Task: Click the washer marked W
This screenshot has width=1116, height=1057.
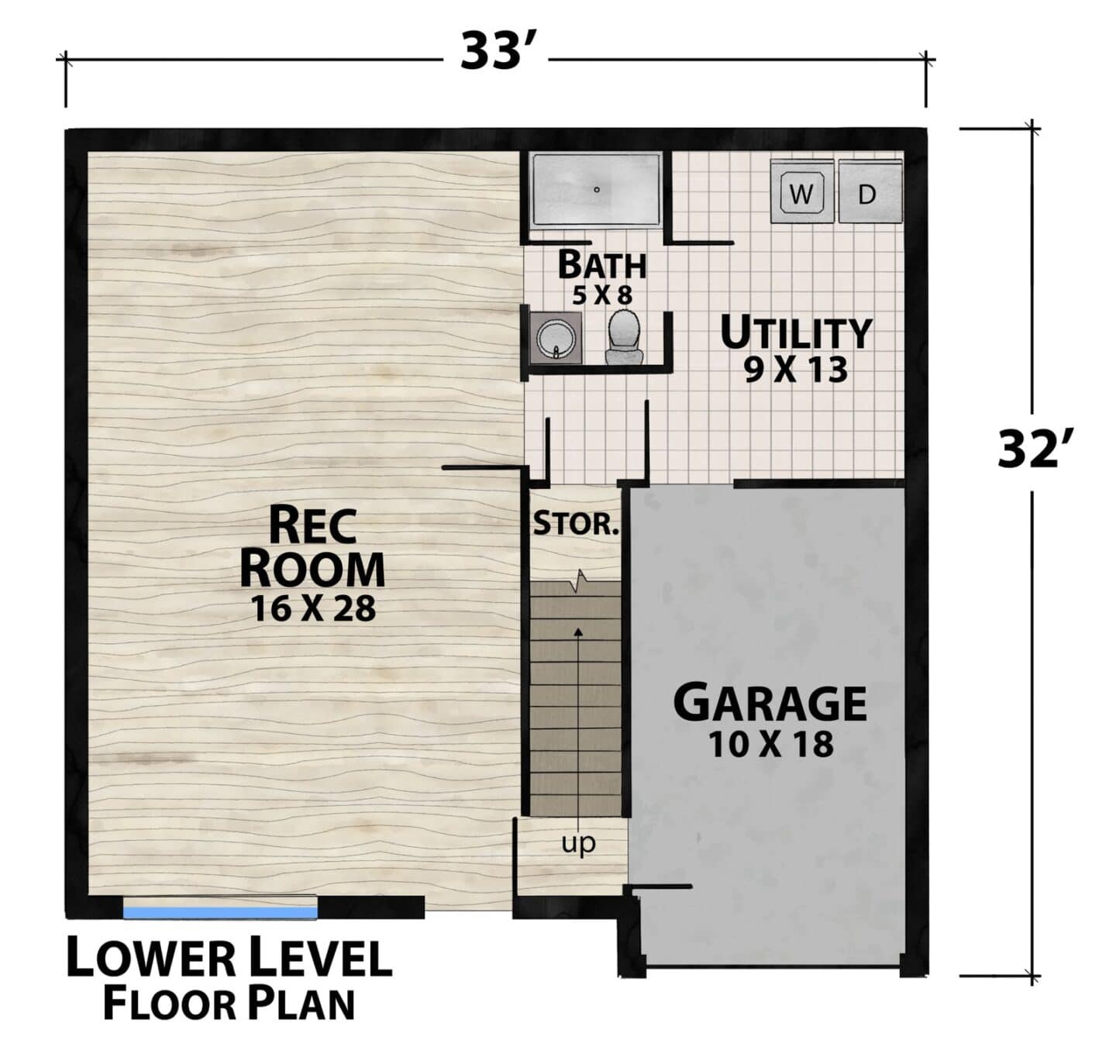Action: [801, 191]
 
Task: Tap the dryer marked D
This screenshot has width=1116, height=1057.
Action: [870, 191]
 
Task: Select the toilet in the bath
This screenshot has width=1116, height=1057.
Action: [624, 336]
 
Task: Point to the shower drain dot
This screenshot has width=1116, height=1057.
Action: [596, 190]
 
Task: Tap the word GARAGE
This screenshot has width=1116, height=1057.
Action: [770, 703]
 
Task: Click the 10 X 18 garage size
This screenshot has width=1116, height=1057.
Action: [771, 744]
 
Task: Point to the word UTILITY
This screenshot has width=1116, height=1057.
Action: [796, 333]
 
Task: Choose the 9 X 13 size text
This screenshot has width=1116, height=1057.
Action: [796, 370]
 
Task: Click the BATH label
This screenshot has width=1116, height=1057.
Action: [601, 264]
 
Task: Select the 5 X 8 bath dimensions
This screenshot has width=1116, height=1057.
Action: [601, 295]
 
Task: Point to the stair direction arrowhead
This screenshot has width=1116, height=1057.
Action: [578, 631]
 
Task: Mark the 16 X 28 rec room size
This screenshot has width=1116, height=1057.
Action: [313, 609]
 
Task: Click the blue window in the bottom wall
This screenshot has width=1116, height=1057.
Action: [220, 912]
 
